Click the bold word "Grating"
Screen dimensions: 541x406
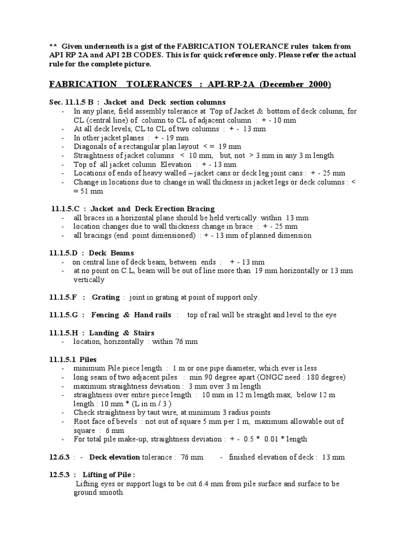[106, 297]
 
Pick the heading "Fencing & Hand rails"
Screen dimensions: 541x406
[131, 315]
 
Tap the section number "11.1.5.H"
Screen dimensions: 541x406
[66, 333]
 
